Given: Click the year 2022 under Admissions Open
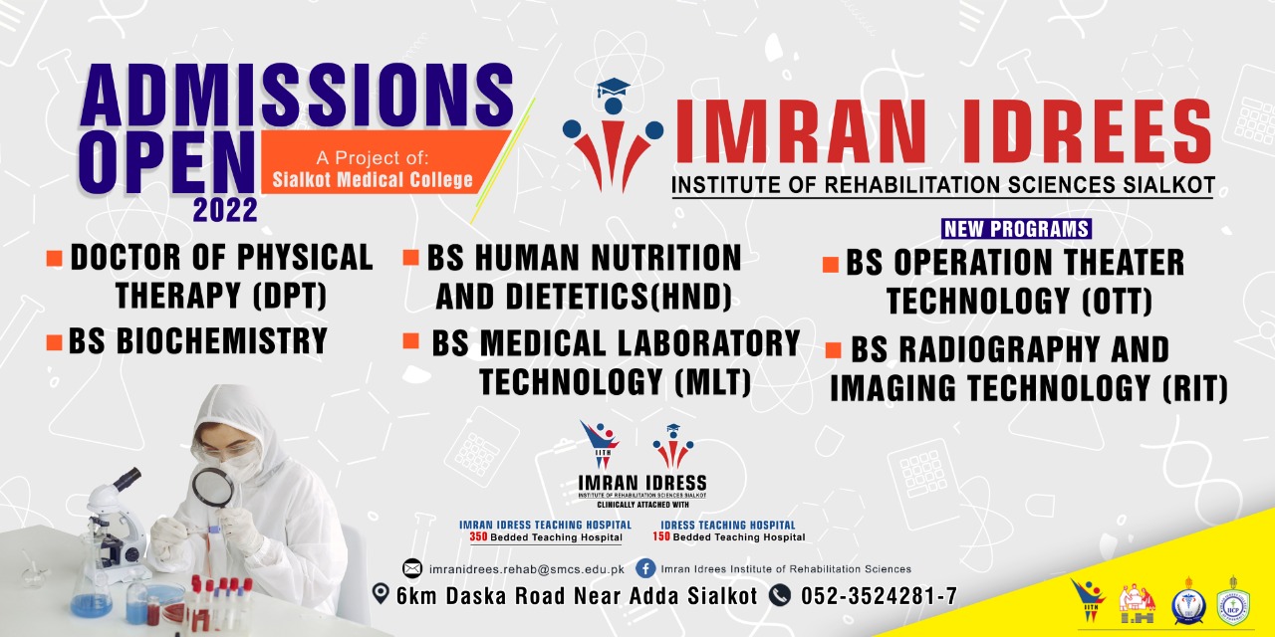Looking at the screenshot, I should [x=225, y=210].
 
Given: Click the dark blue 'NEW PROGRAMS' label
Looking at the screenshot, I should [x=1016, y=229].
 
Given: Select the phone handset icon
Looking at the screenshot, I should [x=778, y=595].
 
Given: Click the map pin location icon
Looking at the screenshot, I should [x=380, y=594].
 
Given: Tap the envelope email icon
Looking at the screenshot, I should [x=412, y=568].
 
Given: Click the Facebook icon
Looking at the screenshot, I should [x=645, y=568].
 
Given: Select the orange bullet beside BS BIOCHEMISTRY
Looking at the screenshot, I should [x=55, y=343].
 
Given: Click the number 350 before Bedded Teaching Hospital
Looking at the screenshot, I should [x=479, y=537].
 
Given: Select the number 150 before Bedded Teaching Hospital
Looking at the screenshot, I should [x=662, y=537].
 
